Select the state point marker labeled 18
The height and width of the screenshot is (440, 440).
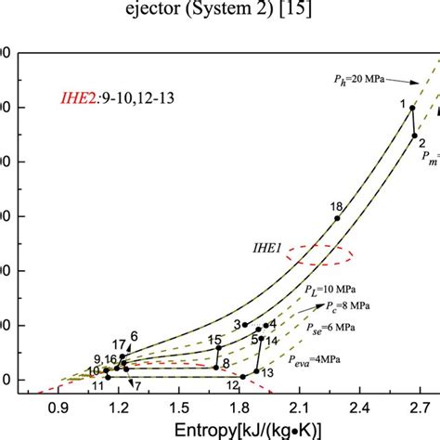(x=336, y=218)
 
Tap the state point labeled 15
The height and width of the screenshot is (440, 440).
(x=218, y=348)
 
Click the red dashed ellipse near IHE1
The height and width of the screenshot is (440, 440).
(x=319, y=253)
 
